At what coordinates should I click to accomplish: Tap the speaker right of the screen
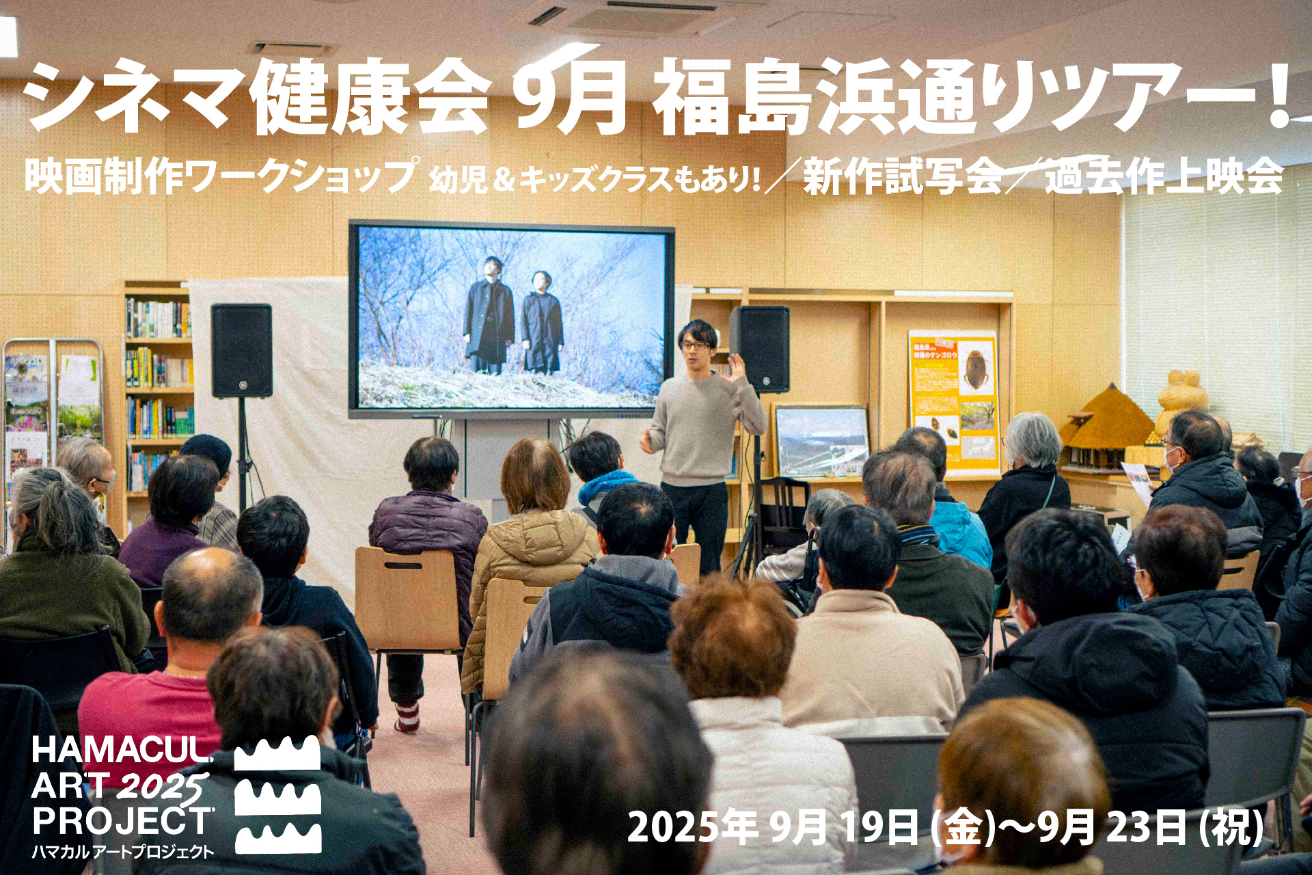(759, 349)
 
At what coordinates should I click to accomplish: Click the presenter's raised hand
(737, 368)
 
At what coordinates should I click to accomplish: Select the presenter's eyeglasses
(694, 346)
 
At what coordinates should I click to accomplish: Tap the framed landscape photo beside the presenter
(822, 440)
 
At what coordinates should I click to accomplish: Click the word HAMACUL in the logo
(122, 751)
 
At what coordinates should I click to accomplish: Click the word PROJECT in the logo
(123, 821)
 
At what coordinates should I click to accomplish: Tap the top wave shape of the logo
(277, 753)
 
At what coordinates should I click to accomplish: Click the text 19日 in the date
(879, 828)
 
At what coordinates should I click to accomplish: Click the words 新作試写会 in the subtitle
(902, 176)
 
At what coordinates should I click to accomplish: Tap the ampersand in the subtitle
(502, 179)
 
